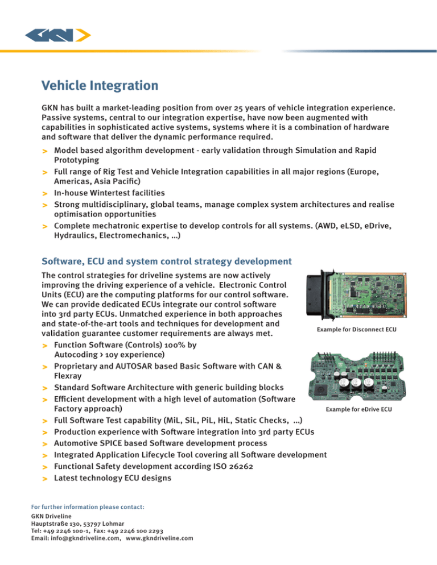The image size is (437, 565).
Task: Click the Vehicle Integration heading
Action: click(100, 86)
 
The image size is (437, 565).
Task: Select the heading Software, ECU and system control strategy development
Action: click(167, 261)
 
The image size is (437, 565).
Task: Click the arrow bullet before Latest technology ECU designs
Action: click(45, 479)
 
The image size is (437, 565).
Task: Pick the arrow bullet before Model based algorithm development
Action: click(45, 152)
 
